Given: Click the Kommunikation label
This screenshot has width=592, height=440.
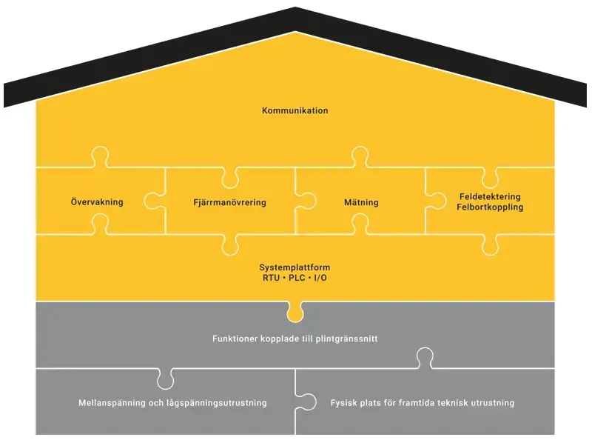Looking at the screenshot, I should pos(295,110).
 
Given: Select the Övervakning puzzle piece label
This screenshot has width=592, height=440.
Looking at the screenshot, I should pos(97,202).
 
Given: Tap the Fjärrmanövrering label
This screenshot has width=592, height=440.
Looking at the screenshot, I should pos(229,202).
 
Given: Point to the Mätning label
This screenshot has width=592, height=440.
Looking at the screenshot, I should pos(361,202).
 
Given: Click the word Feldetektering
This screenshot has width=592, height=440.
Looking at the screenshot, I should pos(490,197).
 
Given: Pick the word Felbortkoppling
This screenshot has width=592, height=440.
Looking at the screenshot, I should pos(490,207).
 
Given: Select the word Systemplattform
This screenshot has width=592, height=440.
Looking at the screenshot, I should pos(295,267).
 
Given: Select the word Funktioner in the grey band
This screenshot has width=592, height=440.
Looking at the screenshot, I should pos(234,339).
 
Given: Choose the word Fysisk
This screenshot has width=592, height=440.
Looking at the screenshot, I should pos(344,403).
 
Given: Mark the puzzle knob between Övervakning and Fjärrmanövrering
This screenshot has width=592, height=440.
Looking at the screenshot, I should pos(155,201).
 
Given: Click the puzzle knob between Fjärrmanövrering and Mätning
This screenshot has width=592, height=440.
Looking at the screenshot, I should pos(306,201).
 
